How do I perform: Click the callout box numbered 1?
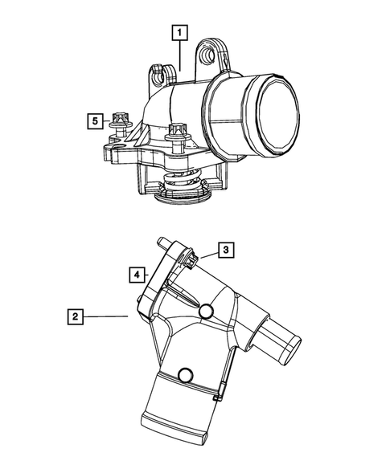179,33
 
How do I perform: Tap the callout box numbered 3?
228,250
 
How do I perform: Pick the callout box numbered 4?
137,274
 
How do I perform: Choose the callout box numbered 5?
95,120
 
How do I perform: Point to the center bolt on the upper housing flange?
176,133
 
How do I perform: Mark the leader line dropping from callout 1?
179,56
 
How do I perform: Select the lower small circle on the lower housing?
186,373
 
